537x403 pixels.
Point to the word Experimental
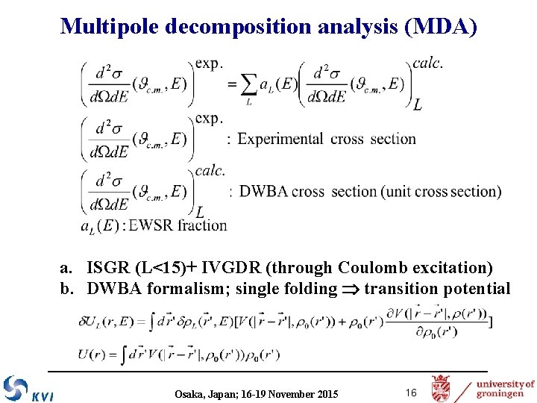pos(280,139)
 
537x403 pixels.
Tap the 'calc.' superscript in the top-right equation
pos(427,63)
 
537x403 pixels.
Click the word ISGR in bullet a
pos(108,267)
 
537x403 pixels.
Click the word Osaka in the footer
pos(189,393)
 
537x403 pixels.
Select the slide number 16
pos(410,393)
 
